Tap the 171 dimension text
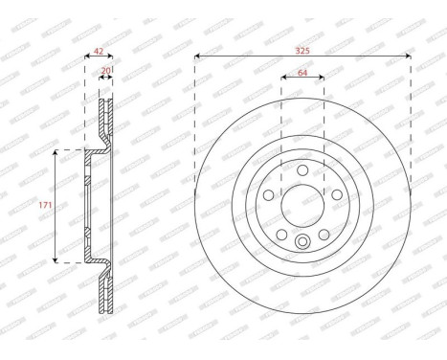pos(44,206)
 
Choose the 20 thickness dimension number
pos(106,70)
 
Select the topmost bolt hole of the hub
pos(302,170)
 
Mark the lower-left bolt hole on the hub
pos(280,236)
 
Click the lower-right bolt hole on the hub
pos(324,236)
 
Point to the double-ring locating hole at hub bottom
pos(302,241)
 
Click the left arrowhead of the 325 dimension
pos(197,56)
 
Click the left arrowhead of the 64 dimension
pos(283,78)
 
